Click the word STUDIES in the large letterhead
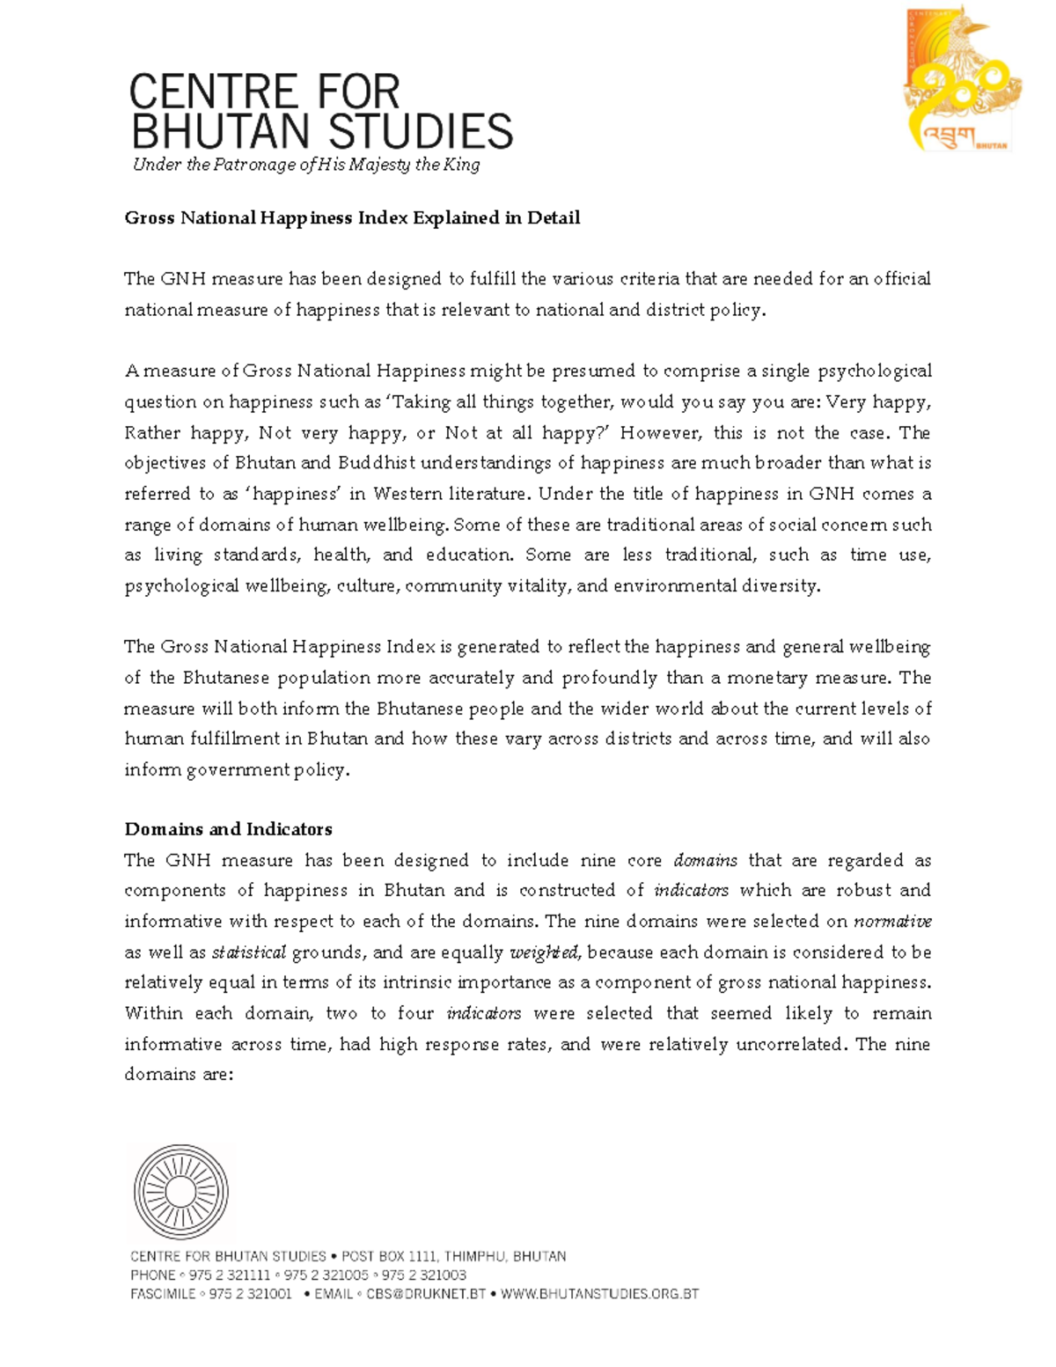(422, 132)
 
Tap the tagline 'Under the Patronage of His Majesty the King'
(306, 165)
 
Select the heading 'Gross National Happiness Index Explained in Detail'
(352, 217)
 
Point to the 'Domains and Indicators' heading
(228, 829)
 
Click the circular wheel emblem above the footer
(180, 1192)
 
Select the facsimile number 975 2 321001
(250, 1294)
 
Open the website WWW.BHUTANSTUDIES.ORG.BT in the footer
(599, 1294)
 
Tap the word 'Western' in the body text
(407, 494)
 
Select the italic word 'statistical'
(249, 952)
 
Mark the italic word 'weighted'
(545, 952)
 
